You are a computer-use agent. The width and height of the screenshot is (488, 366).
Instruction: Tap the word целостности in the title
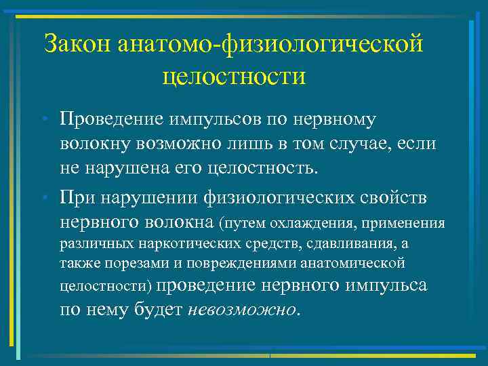234,75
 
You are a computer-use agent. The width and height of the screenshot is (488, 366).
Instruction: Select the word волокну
92,144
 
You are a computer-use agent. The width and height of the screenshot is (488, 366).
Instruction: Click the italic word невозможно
242,309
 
